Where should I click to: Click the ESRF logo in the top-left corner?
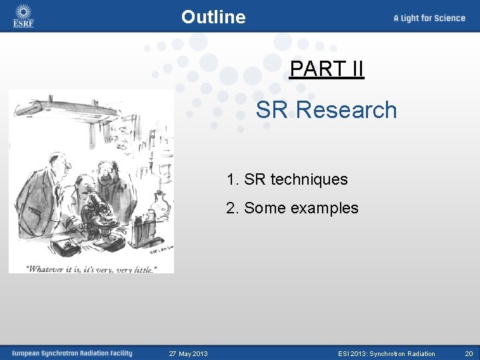click(x=23, y=16)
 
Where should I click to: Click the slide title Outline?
click(x=213, y=17)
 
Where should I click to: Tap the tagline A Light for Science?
click(x=429, y=18)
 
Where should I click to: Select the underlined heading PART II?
click(x=327, y=69)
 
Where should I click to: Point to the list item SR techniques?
click(x=295, y=179)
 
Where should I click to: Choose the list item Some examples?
click(x=301, y=208)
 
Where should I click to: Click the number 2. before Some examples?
click(x=232, y=208)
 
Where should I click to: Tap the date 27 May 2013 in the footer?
click(x=188, y=353)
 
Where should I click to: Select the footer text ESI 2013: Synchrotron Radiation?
click(x=386, y=353)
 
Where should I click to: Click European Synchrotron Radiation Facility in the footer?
click(x=71, y=353)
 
